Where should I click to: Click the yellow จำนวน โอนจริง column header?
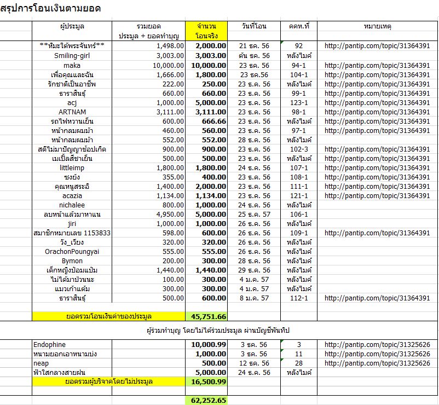pos(206,31)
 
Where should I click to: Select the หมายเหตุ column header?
pos(377,26)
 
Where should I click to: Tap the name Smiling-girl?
pos(72,55)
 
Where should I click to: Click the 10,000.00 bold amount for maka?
pos(206,65)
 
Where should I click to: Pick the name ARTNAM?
pos(72,112)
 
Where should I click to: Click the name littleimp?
pos(72,168)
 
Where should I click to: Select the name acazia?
pos(72,196)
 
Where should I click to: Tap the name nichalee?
pos(72,205)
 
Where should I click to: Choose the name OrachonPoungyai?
pos(72,252)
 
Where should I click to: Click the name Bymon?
pos(72,261)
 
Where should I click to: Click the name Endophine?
pos(49,345)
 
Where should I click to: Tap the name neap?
pos(41,363)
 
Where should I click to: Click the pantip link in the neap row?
pos(377,363)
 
